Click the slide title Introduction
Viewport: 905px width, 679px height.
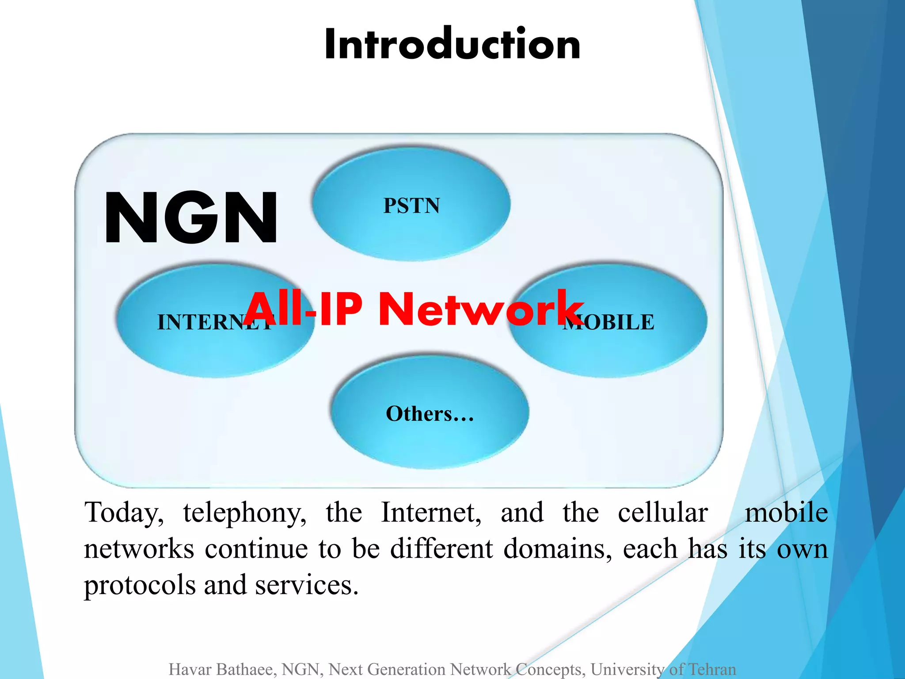tap(452, 44)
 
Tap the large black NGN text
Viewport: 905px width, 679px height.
tap(191, 217)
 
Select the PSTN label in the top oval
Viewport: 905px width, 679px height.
tap(411, 206)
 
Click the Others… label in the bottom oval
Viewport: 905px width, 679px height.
tap(430, 414)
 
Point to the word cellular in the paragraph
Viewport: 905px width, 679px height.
tap(663, 513)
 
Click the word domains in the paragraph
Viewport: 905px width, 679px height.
tap(558, 549)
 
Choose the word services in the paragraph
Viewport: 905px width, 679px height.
tap(307, 585)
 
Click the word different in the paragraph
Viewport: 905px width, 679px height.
tap(441, 549)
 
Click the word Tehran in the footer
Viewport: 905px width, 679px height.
tap(712, 669)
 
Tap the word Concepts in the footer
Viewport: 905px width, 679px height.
tap(551, 669)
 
